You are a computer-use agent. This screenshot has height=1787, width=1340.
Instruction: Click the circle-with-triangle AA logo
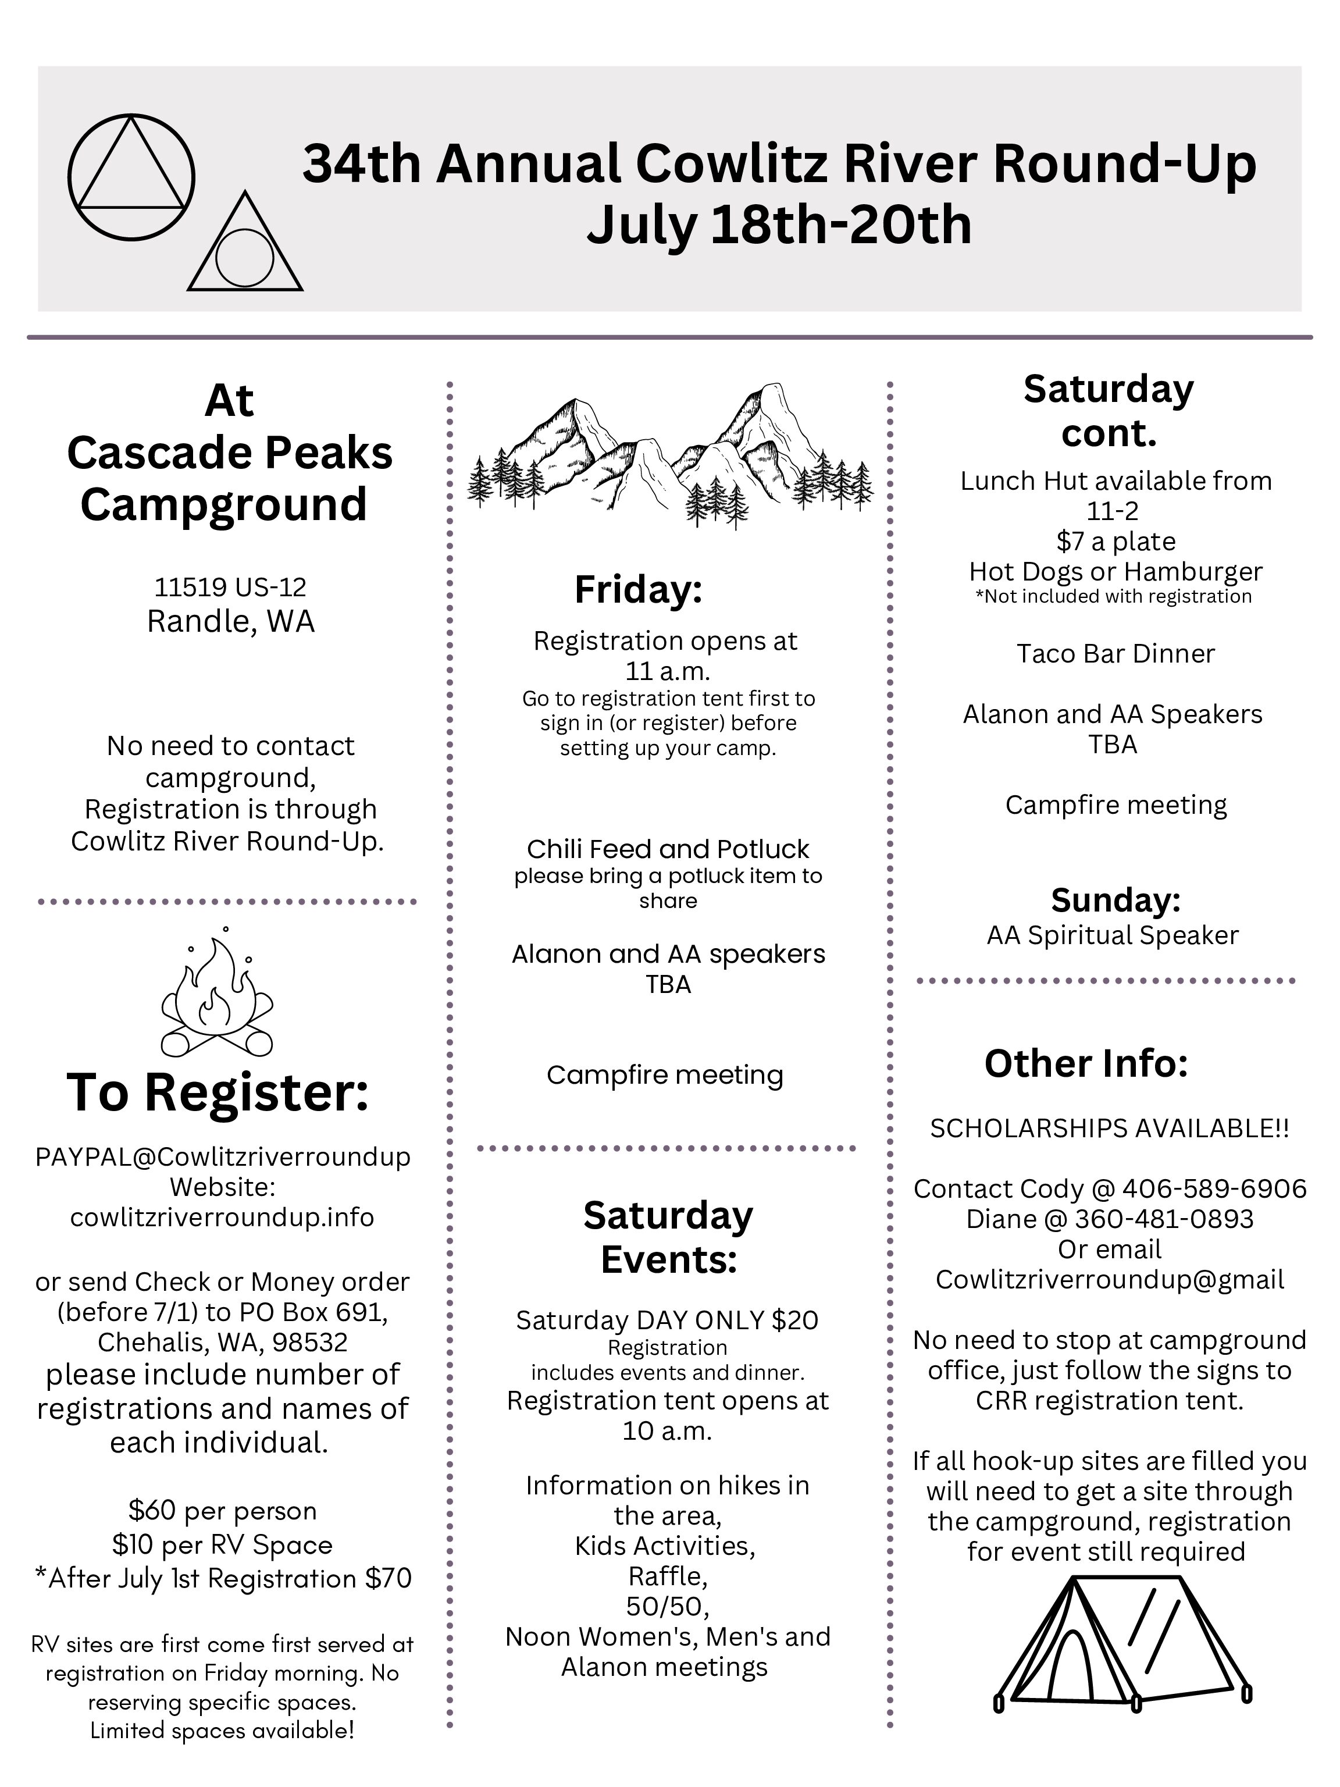pyautogui.click(x=131, y=177)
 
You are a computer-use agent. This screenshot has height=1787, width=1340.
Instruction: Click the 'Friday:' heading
pyautogui.click(x=638, y=589)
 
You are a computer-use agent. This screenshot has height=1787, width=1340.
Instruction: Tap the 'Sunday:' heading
pyautogui.click(x=1116, y=899)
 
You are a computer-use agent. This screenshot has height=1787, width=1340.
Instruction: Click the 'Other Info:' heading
pyautogui.click(x=1086, y=1063)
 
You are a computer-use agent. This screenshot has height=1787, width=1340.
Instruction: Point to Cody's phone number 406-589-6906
pyautogui.click(x=1214, y=1188)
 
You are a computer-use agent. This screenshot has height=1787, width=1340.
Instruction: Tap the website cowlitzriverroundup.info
pyautogui.click(x=222, y=1217)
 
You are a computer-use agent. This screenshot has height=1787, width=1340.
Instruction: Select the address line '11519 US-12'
pyautogui.click(x=230, y=586)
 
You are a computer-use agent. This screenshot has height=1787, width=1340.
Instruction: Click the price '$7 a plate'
pyautogui.click(x=1116, y=540)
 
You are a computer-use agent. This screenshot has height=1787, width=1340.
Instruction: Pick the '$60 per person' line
pyautogui.click(x=222, y=1510)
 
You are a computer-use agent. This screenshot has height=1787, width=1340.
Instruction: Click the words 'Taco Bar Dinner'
pyautogui.click(x=1116, y=653)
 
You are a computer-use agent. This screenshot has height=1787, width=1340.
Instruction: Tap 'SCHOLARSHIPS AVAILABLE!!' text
pyautogui.click(x=1109, y=1128)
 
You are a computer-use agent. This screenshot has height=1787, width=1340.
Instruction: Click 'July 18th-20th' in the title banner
pyautogui.click(x=779, y=225)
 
